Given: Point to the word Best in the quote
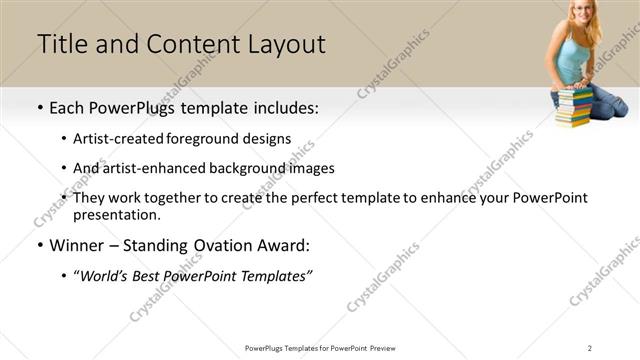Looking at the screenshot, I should pos(155,275).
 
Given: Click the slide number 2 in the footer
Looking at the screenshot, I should pos(590,347).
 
